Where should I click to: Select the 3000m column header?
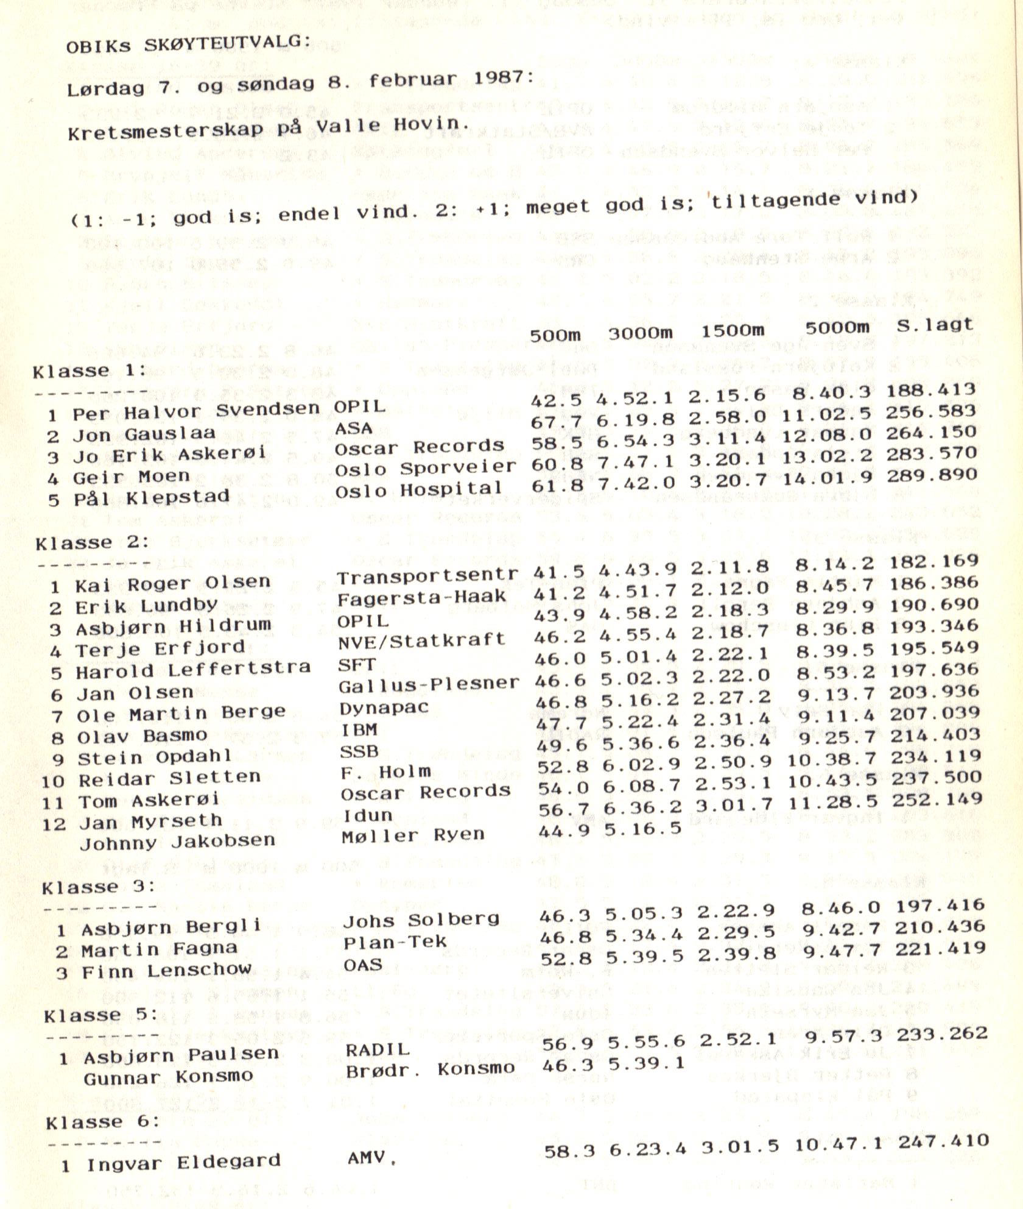coord(640,333)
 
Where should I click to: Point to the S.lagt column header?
coord(935,325)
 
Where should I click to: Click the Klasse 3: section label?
coord(97,887)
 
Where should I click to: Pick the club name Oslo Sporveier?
coord(425,468)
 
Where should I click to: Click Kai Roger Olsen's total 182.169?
coord(933,561)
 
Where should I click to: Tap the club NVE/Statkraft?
coord(421,640)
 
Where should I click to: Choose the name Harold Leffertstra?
coord(193,670)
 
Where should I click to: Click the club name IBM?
coord(359,729)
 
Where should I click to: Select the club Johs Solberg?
coord(421,920)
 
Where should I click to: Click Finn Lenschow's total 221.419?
coord(940,948)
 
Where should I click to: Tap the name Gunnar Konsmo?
coord(168,1077)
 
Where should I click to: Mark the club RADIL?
coord(378,1049)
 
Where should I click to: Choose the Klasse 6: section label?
coord(102,1122)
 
